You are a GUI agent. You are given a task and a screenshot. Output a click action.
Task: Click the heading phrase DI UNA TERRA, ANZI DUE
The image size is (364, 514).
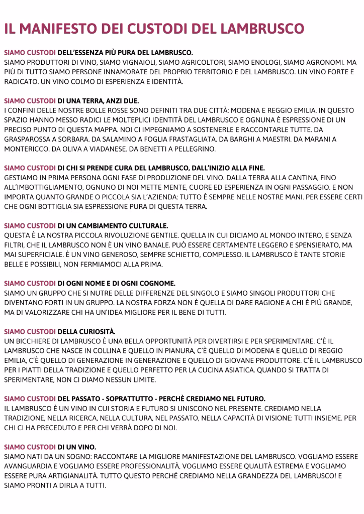pyautogui.click(x=98, y=101)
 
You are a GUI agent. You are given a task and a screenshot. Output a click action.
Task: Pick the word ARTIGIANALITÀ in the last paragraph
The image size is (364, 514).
pyautogui.click(x=76, y=476)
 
